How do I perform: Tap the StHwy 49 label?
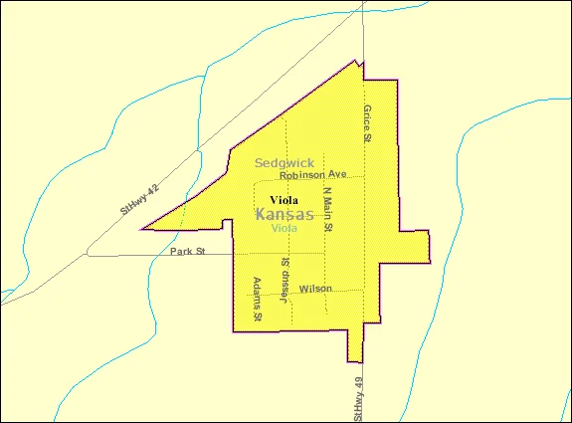[x=358, y=397]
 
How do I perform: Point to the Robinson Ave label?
[x=312, y=174]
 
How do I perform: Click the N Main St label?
[x=328, y=208]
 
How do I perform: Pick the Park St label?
[x=186, y=252]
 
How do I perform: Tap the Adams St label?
[x=257, y=299]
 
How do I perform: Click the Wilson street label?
[x=315, y=289]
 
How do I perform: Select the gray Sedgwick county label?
[x=285, y=162]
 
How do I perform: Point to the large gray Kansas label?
[x=285, y=214]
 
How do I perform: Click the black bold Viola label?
[x=284, y=199]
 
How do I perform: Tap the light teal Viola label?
[x=284, y=228]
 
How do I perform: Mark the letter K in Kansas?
[x=261, y=214]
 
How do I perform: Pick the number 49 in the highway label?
[x=358, y=380]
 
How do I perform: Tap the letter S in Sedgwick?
[x=259, y=162]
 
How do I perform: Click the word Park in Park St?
[x=180, y=252]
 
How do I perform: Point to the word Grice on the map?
[x=367, y=117]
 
